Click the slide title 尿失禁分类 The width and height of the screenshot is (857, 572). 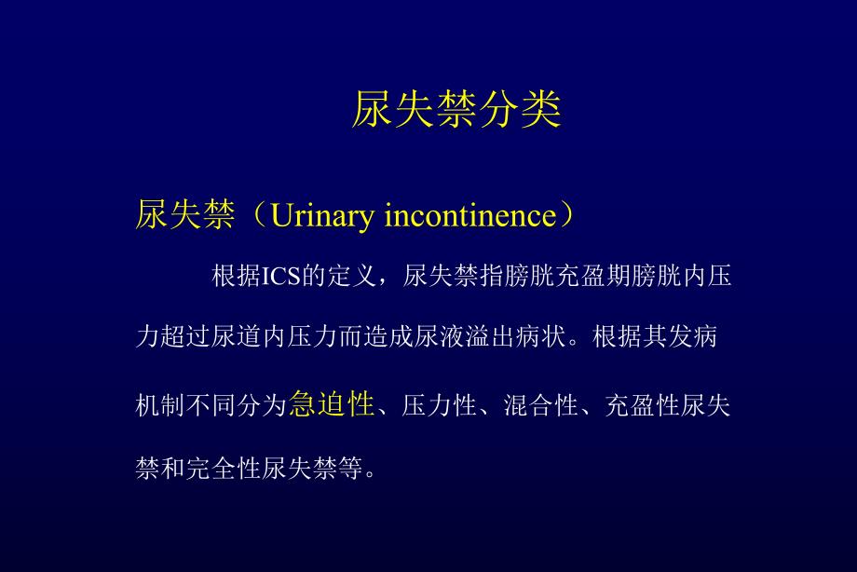(x=456, y=111)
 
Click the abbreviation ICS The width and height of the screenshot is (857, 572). (x=279, y=278)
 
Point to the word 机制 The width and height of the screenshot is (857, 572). (x=159, y=405)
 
